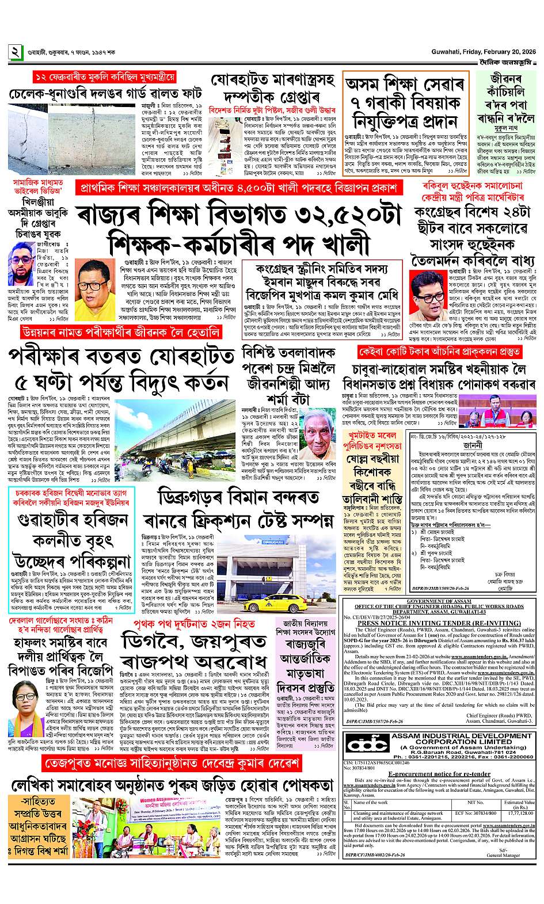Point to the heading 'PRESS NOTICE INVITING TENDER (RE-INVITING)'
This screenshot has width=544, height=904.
pyautogui.click(x=439, y=623)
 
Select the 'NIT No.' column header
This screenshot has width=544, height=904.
pyautogui.click(x=475, y=802)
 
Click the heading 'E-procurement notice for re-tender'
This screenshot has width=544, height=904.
pyautogui.click(x=439, y=774)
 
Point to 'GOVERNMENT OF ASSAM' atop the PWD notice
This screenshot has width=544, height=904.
pyautogui.click(x=439, y=601)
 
